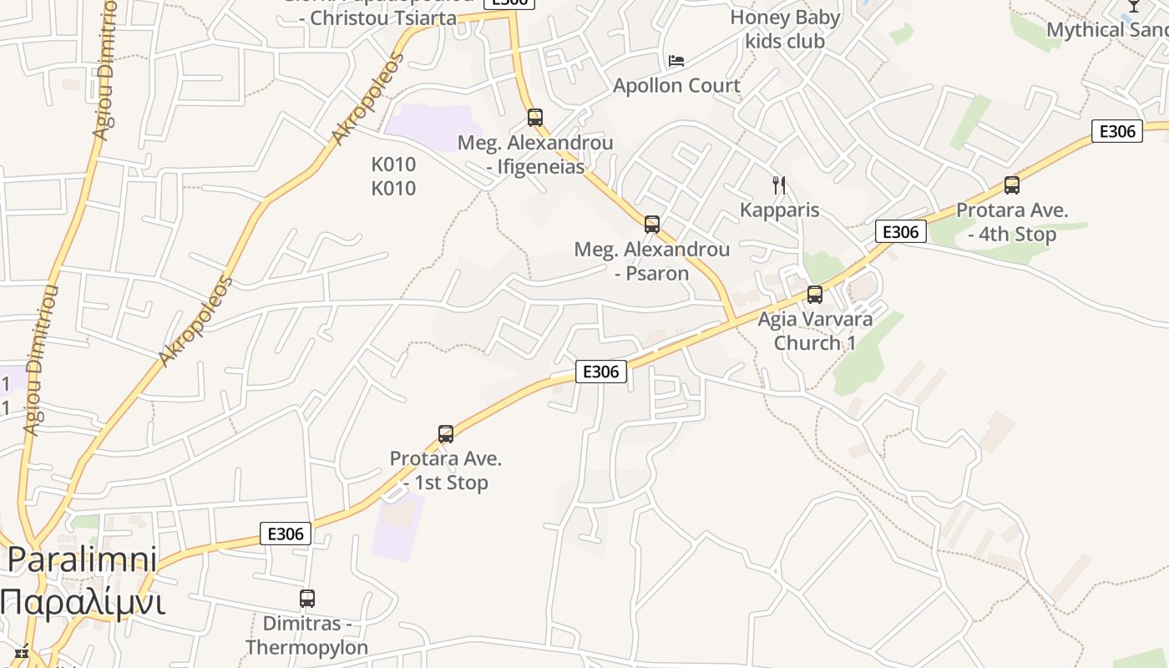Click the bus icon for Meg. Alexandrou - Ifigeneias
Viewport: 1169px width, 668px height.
pyautogui.click(x=535, y=118)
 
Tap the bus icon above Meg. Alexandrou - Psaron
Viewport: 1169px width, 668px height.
pyautogui.click(x=652, y=224)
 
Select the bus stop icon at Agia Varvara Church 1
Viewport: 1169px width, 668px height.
pyautogui.click(x=815, y=294)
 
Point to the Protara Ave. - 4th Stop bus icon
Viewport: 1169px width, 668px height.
pyautogui.click(x=1012, y=185)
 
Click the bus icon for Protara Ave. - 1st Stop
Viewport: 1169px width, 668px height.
pyautogui.click(x=446, y=434)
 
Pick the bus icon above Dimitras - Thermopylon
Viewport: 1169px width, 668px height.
pyautogui.click(x=307, y=599)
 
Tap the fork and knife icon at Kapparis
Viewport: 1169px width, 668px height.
pyautogui.click(x=779, y=185)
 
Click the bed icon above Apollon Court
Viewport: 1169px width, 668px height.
pyautogui.click(x=676, y=60)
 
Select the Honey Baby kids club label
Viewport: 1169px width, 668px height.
pyautogui.click(x=785, y=29)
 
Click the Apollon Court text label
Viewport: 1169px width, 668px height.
pyautogui.click(x=676, y=85)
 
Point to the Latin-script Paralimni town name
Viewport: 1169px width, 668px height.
pyautogui.click(x=82, y=559)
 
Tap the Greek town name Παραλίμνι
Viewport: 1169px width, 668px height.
pyautogui.click(x=82, y=601)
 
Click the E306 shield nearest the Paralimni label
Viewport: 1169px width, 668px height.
pyautogui.click(x=286, y=534)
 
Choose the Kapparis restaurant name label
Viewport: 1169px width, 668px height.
pyautogui.click(x=779, y=210)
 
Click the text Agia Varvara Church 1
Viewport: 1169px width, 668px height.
pyautogui.click(x=815, y=331)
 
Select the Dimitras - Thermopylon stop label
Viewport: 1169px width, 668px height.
pyautogui.click(x=306, y=635)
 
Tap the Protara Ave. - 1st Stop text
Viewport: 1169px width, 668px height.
pyautogui.click(x=446, y=470)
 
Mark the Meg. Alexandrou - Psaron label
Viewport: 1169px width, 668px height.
pyautogui.click(x=652, y=261)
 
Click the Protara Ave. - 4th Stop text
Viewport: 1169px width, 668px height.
pyautogui.click(x=1012, y=222)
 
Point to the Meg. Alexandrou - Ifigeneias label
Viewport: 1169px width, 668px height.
pyautogui.click(x=535, y=154)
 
